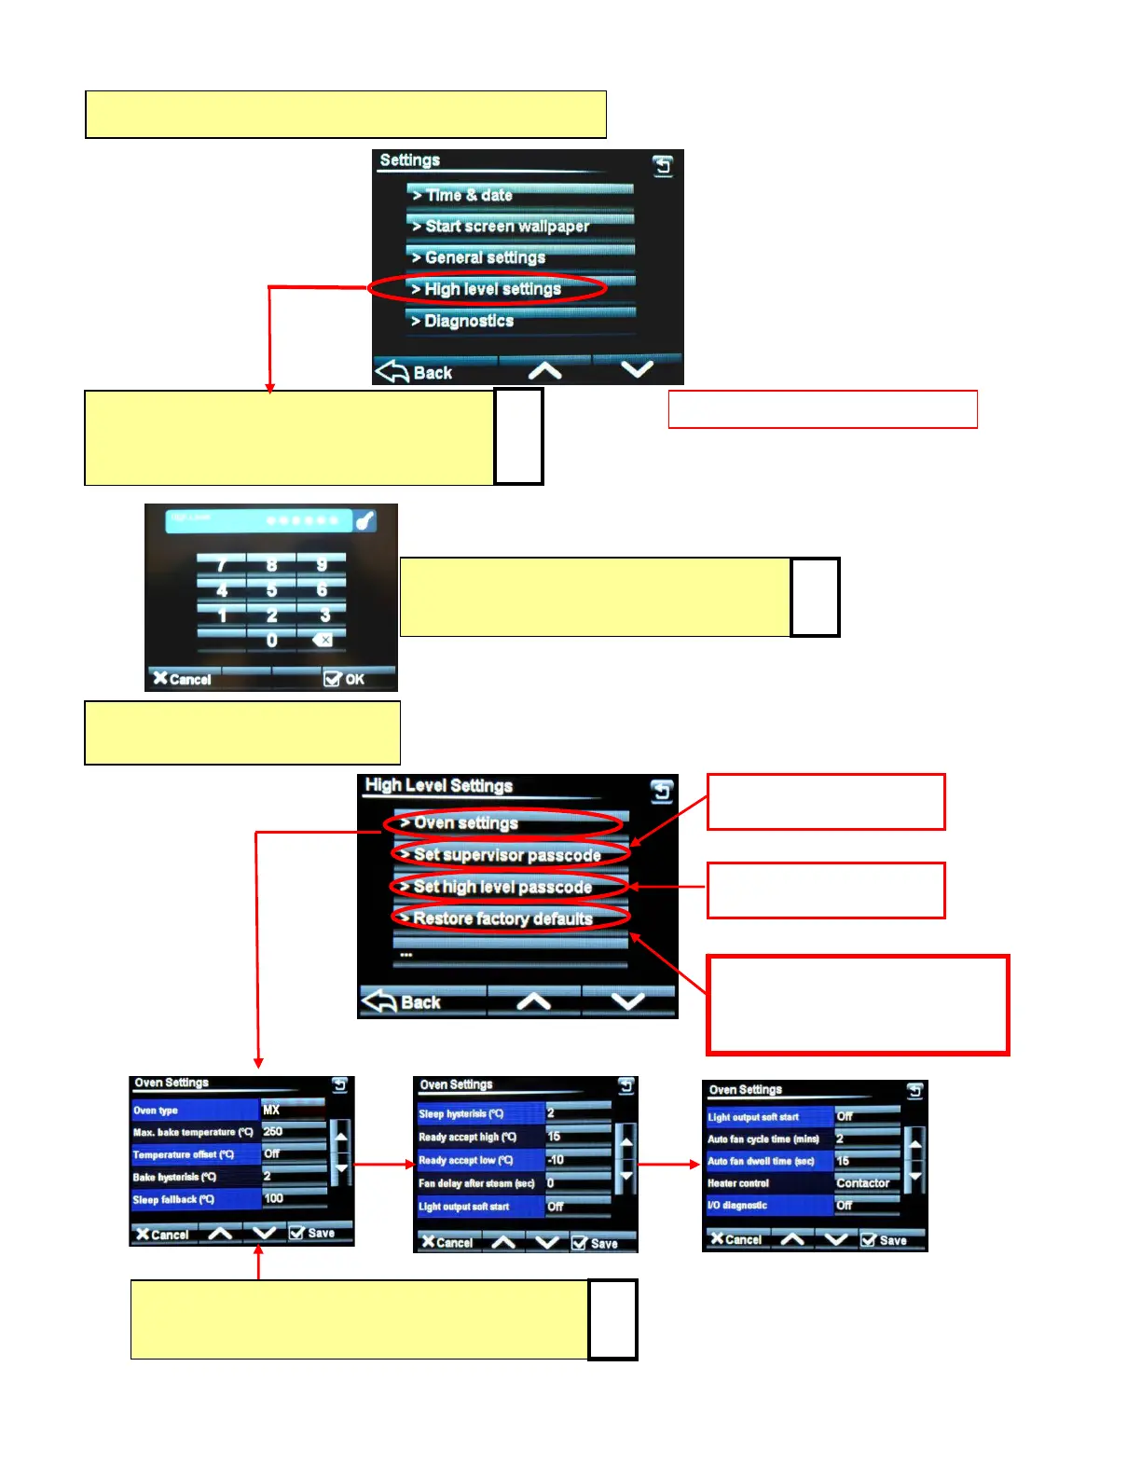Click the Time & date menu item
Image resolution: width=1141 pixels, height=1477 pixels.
pyautogui.click(x=520, y=195)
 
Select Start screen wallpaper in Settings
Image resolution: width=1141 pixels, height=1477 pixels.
pyautogui.click(x=520, y=226)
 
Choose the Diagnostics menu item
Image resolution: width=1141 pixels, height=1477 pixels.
pyautogui.click(x=520, y=321)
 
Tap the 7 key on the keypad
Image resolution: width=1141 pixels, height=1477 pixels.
pyautogui.click(x=222, y=565)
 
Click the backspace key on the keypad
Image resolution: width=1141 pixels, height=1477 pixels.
pyautogui.click(x=322, y=640)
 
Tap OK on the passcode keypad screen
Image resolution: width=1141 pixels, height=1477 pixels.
pyautogui.click(x=344, y=679)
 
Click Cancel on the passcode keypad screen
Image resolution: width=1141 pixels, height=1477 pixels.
pyautogui.click(x=183, y=679)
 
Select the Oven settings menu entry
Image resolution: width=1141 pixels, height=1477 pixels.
pyautogui.click(x=503, y=822)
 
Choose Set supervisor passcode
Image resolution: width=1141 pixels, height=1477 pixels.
pyautogui.click(x=509, y=855)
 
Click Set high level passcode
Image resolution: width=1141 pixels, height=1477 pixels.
pyautogui.click(x=509, y=887)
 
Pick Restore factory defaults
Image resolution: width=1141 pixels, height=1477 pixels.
pyautogui.click(x=509, y=918)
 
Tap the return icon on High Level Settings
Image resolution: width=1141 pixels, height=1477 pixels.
pyautogui.click(x=661, y=792)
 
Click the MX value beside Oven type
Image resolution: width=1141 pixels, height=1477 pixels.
pyautogui.click(x=292, y=1110)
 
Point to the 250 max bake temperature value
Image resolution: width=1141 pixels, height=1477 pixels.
pyautogui.click(x=292, y=1131)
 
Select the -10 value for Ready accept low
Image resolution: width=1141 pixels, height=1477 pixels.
pyautogui.click(x=576, y=1160)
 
